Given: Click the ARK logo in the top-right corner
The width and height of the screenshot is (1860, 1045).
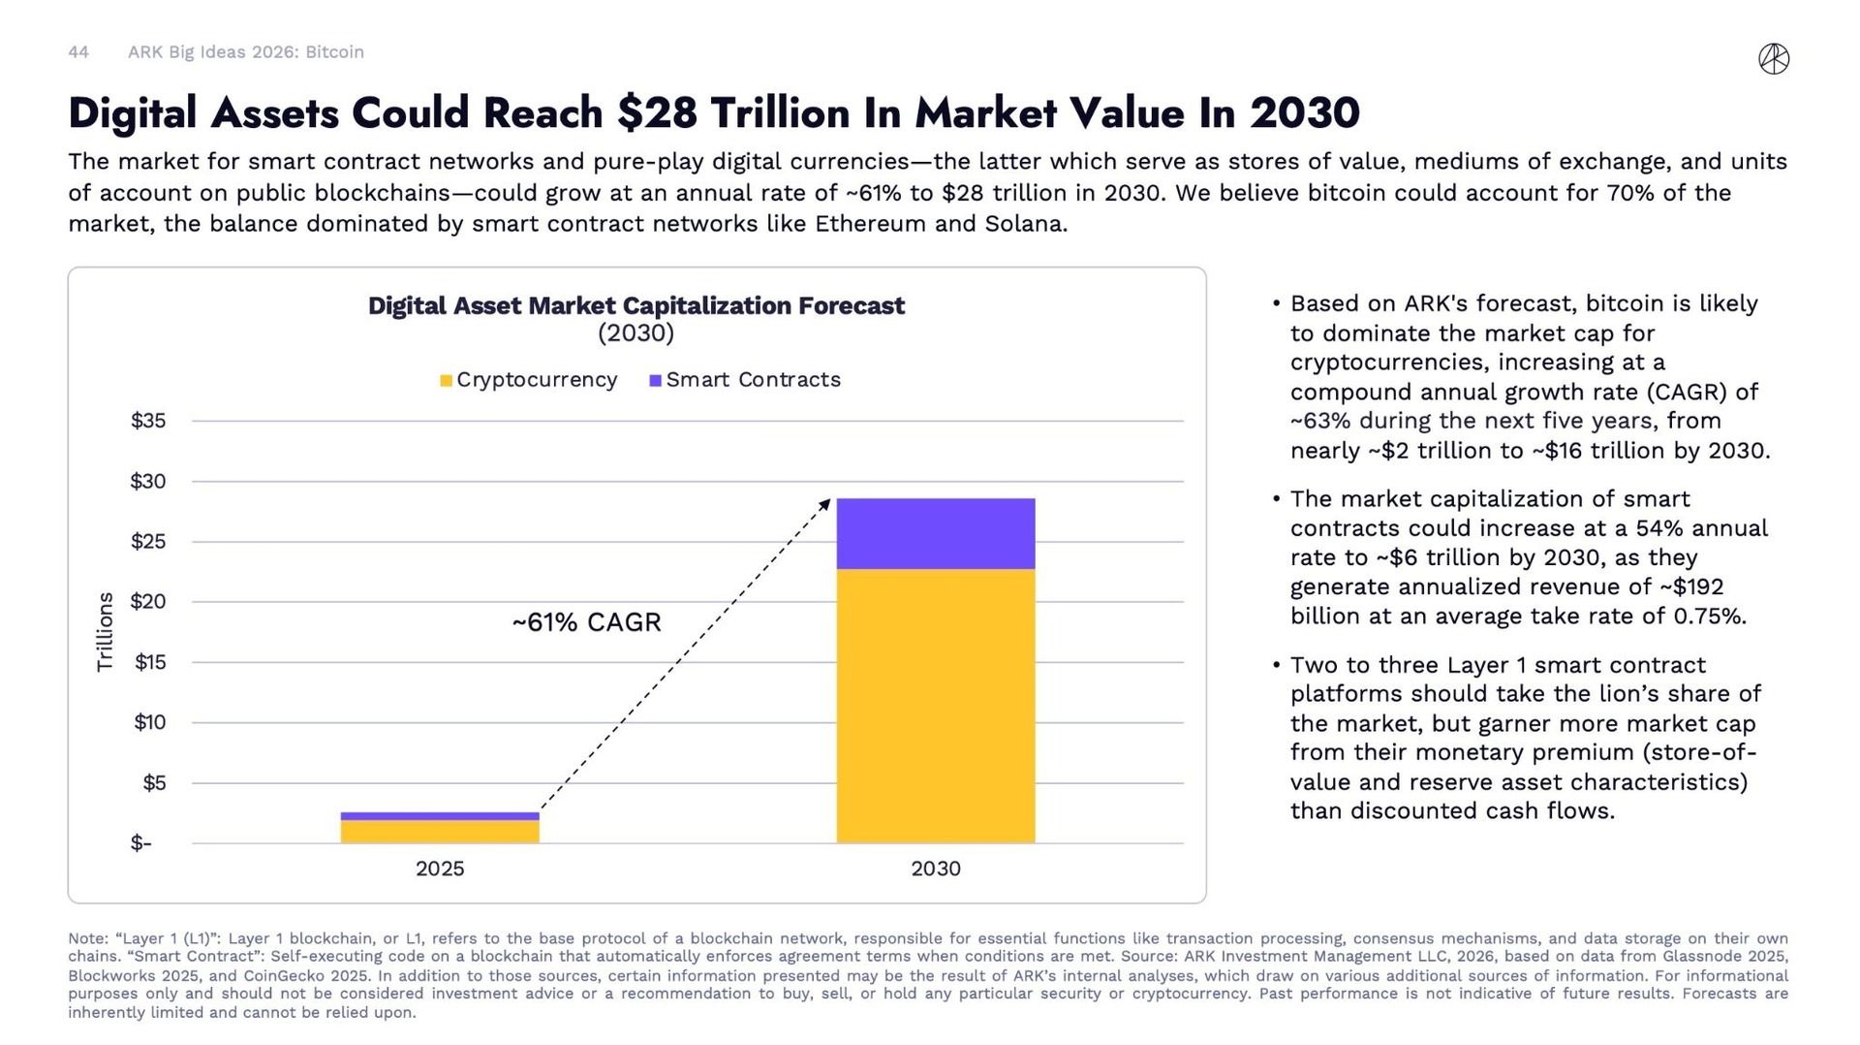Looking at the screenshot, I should coord(1774,59).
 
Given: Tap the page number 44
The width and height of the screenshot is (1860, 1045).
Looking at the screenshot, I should coord(78,52).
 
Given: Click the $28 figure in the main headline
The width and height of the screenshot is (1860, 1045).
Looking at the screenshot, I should coord(657,113).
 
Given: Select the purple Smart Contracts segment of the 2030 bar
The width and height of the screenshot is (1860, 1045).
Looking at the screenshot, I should coord(935,533).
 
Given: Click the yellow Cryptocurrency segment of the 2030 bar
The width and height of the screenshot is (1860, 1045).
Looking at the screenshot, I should coord(935,706).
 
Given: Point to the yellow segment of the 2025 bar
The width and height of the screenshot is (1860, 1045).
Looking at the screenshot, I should coord(440,832).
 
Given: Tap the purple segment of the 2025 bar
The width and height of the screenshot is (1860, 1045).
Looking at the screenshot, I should coord(440,816).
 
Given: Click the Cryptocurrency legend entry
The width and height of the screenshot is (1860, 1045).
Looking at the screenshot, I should coord(529,380).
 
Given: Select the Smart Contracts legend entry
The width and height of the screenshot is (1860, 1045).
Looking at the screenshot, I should coord(745,380).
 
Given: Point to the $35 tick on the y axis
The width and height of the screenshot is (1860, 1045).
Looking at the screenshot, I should coord(148,421).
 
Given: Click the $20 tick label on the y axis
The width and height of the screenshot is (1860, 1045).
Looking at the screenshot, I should coord(148,602).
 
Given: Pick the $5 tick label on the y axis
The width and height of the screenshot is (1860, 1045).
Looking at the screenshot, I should coord(154,783).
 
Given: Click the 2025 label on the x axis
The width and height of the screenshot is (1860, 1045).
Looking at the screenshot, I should coord(440,869).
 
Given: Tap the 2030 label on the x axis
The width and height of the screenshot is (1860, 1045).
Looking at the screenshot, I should coord(935,869).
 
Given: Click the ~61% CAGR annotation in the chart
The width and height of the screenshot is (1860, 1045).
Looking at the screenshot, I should coord(586,622).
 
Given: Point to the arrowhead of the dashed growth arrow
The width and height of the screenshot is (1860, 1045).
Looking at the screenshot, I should coord(826,502).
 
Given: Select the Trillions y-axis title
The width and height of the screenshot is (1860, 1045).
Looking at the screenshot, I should coord(105,632).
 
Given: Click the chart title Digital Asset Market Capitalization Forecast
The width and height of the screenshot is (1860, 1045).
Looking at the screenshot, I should coord(635,306).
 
